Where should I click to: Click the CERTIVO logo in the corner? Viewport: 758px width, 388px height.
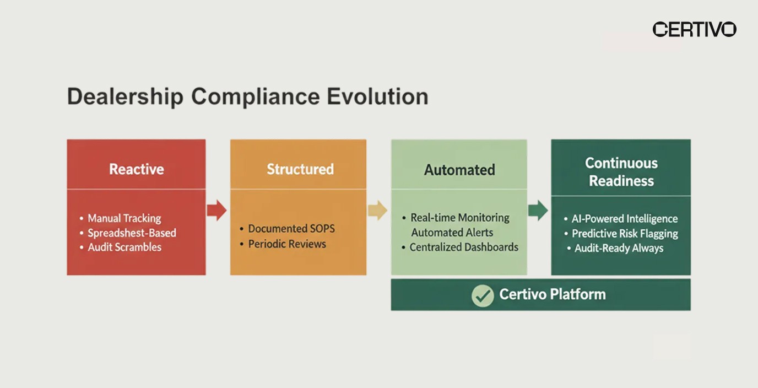pos(694,29)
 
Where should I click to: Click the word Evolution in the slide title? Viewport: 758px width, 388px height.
pos(377,96)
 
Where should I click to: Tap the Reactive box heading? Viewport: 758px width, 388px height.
pos(136,169)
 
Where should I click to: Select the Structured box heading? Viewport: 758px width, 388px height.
pos(300,169)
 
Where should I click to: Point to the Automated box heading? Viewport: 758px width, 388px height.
pos(459,170)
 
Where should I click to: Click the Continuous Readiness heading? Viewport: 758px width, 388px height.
pos(621,172)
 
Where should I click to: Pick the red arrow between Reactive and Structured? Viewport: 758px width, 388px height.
pos(216,210)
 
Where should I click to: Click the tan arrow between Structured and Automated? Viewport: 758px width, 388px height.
pos(377,210)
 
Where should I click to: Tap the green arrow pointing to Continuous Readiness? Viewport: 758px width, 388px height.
pos(538,210)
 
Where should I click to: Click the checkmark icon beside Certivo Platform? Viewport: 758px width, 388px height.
pos(483,295)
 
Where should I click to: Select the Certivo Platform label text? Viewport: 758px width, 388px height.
pos(552,294)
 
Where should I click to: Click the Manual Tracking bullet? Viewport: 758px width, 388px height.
pos(124,218)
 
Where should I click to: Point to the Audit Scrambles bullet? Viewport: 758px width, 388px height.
pos(124,247)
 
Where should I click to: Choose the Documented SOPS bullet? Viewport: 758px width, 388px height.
pos(291,228)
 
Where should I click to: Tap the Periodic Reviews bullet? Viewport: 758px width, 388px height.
pos(286,244)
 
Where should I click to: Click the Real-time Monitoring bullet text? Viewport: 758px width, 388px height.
pos(459,218)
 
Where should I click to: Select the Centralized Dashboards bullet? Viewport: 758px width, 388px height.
pos(463,247)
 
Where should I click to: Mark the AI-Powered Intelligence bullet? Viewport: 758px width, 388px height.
pos(624,219)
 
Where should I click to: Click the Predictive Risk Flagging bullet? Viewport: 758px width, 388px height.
pos(624,234)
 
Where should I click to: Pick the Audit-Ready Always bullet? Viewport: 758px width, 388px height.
pos(619,248)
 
